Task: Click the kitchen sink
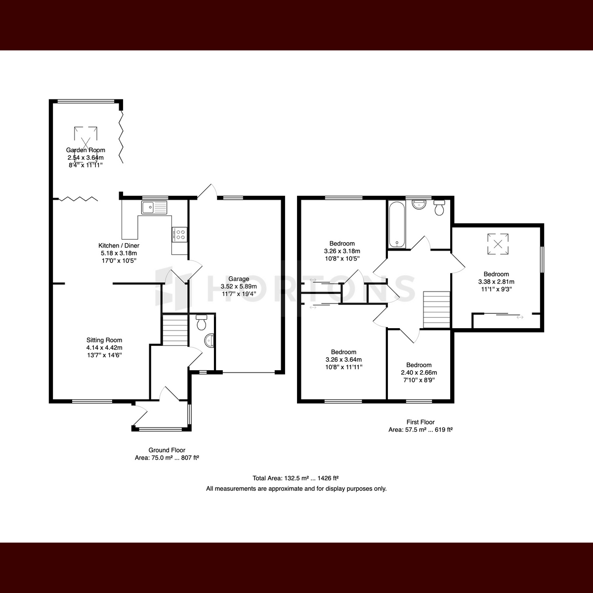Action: coord(154,208)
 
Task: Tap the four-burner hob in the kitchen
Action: coord(179,233)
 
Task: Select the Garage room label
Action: coord(239,279)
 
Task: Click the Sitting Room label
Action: coord(104,340)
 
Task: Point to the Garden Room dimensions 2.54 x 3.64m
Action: coord(85,158)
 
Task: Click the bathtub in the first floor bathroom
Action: coord(397,225)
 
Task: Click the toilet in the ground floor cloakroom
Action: coord(201,322)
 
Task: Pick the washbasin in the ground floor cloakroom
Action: coord(209,341)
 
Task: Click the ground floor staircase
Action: coord(175,330)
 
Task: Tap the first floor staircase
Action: coord(437,309)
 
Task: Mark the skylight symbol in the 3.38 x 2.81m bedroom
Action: coord(498,244)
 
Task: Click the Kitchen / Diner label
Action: coord(119,246)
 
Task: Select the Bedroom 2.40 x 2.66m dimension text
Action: coord(419,373)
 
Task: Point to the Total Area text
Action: coord(296,478)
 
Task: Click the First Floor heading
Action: coord(421,422)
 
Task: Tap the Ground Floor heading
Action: coord(167,450)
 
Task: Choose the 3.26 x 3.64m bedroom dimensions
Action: coord(343,359)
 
